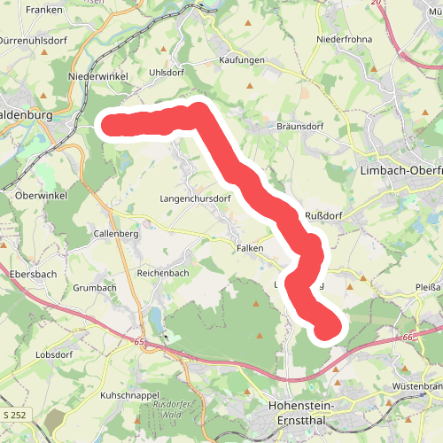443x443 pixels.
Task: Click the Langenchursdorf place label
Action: [x=195, y=198]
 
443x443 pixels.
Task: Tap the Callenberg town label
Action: [x=115, y=234]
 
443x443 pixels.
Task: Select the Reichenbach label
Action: [x=163, y=274]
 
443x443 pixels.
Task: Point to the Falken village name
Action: [x=250, y=249]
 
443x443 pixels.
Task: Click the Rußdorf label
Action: [x=323, y=216]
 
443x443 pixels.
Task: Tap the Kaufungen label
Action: [x=243, y=60]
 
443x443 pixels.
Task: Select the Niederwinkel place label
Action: [x=94, y=76]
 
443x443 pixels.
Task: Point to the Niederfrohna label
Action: [x=344, y=40]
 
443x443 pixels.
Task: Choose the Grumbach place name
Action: [x=94, y=288]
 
